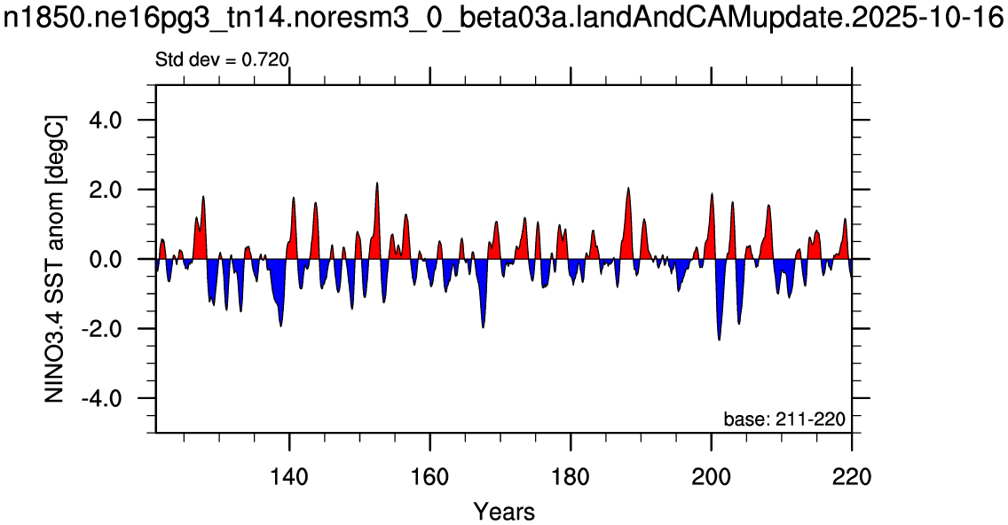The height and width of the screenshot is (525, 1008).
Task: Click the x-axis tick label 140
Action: [290, 477]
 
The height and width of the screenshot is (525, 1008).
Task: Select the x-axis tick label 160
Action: [430, 477]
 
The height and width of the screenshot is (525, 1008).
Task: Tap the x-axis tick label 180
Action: [571, 477]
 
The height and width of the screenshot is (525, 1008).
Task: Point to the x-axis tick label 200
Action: [711, 477]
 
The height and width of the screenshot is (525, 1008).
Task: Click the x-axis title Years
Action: [504, 513]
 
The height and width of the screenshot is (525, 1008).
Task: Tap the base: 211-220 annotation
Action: [784, 419]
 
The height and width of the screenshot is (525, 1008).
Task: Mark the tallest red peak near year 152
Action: [377, 184]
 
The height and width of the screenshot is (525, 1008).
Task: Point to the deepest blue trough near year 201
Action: [720, 340]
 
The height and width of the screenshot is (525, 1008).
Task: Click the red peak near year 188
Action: [628, 188]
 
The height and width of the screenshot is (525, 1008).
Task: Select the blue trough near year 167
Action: [483, 327]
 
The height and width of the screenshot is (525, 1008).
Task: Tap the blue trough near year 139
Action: [281, 325]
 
